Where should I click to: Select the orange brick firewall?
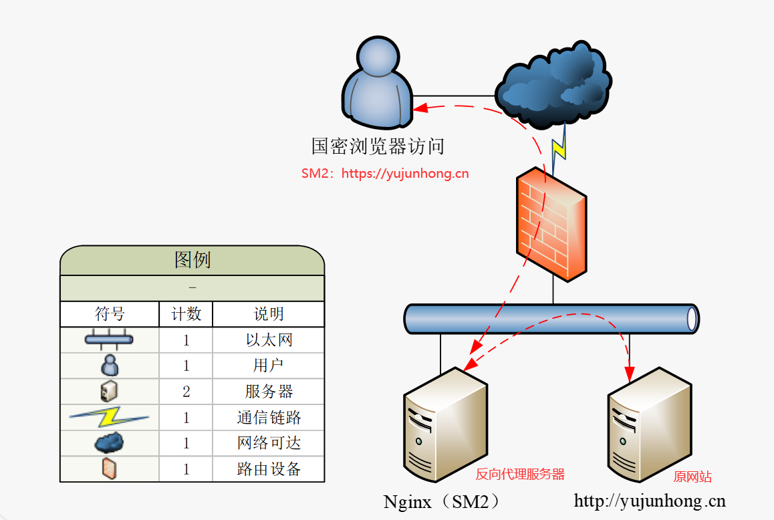click(x=551, y=224)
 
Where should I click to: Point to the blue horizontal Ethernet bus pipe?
click(x=551, y=319)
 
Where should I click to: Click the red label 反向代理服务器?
click(x=520, y=475)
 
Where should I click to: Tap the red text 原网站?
click(x=692, y=477)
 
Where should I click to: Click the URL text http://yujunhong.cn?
click(x=650, y=501)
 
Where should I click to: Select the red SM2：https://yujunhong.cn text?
click(x=385, y=174)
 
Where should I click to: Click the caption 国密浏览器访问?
click(x=378, y=146)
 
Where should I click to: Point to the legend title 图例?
click(x=192, y=260)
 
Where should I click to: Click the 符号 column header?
click(x=110, y=314)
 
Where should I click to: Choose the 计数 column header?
click(x=186, y=314)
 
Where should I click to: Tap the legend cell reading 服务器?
click(x=269, y=392)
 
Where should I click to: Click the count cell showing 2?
click(x=186, y=392)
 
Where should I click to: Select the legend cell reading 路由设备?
click(x=269, y=469)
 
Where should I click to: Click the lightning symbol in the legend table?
click(x=109, y=418)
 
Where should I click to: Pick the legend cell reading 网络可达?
click(x=269, y=443)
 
